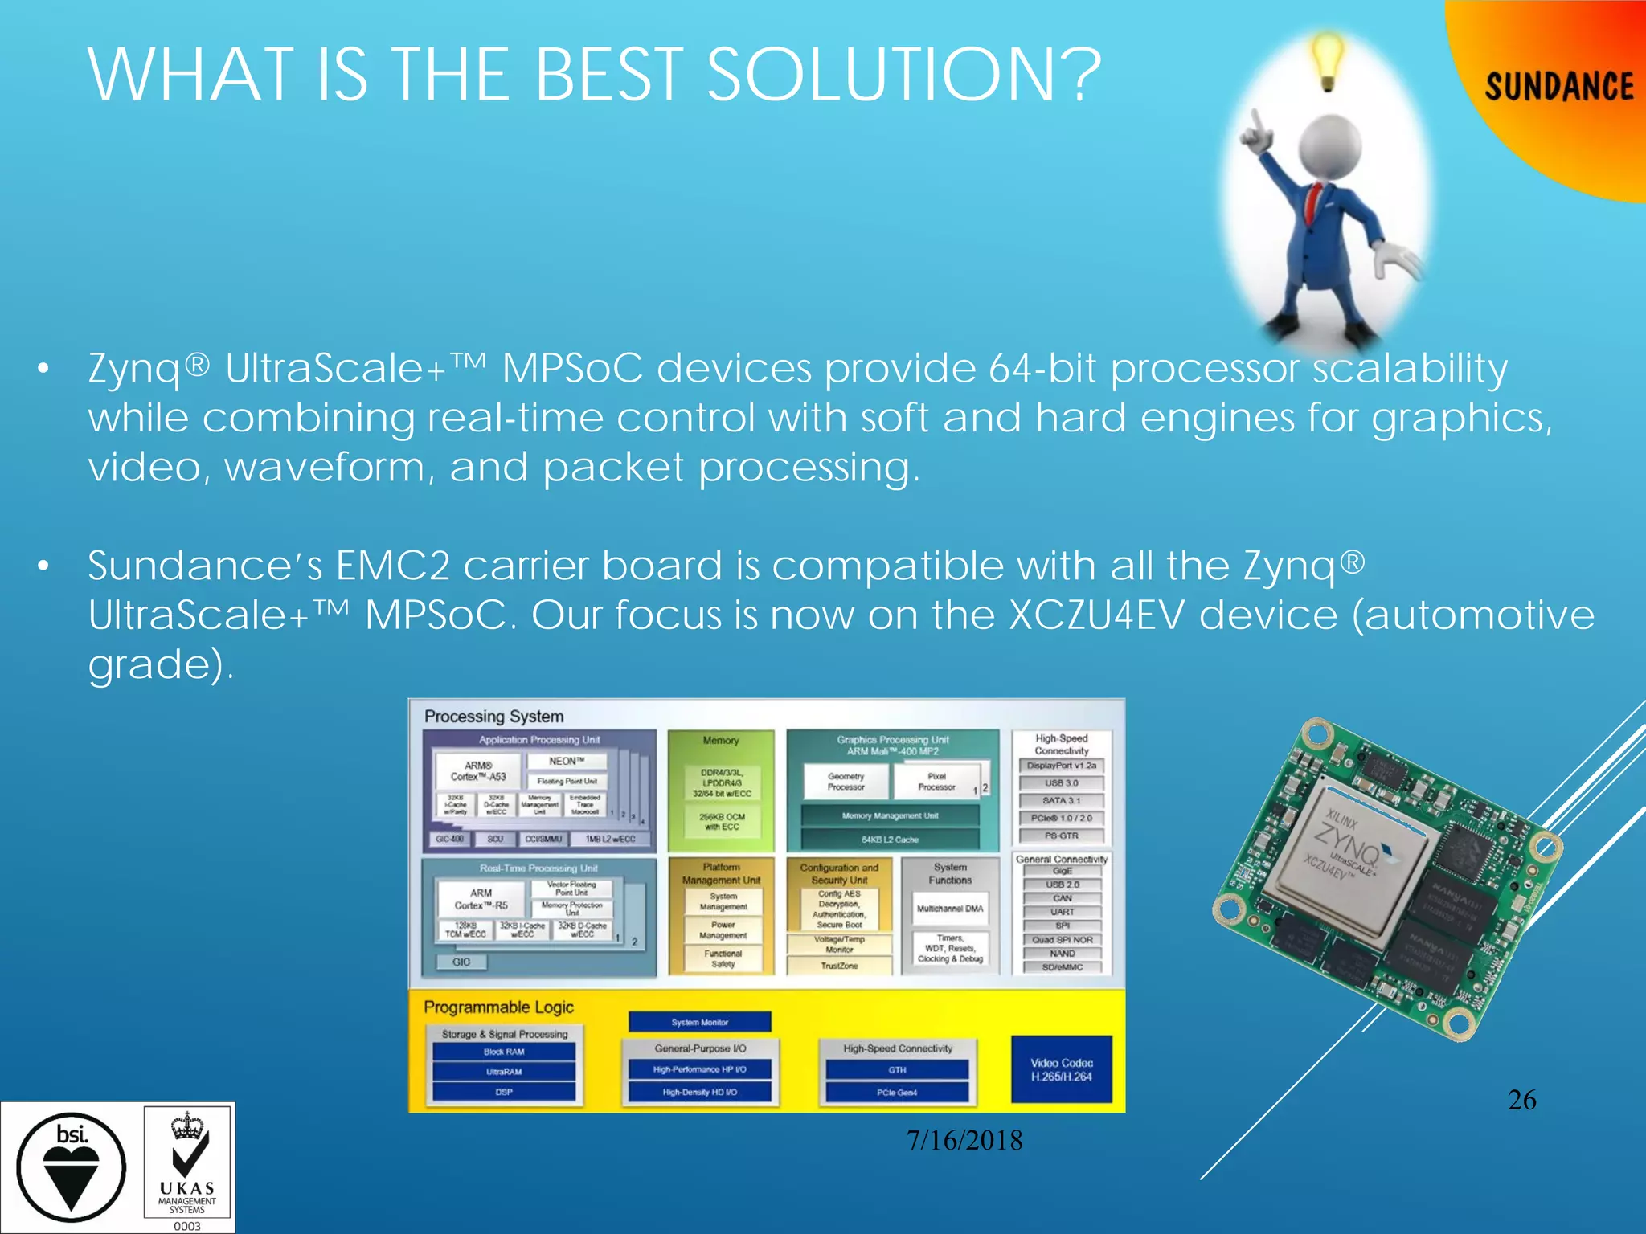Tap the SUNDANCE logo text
pos(1558,87)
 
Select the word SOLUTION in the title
pos(903,76)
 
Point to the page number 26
pos(1521,1100)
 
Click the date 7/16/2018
pos(964,1141)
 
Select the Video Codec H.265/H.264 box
pos(1061,1069)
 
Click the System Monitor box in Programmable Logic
pos(699,1022)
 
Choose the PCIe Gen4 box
pos(897,1093)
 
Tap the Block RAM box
pos(504,1052)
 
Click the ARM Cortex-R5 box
pos(481,899)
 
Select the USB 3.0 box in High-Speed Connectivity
pos(1061,782)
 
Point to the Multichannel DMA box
pos(950,909)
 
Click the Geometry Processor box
pos(846,782)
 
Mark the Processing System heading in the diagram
pos(493,716)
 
